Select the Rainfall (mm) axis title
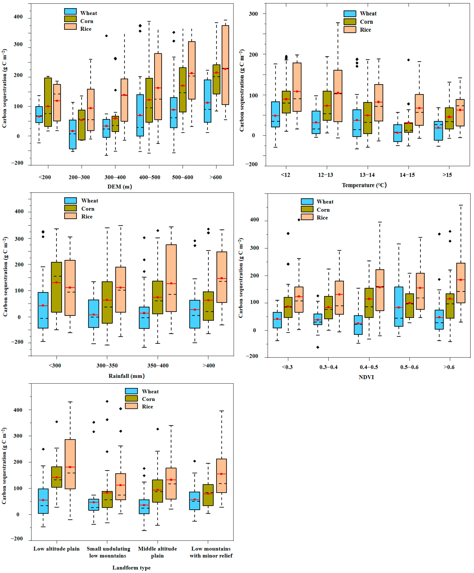pos(127,376)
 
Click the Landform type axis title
pos(131,568)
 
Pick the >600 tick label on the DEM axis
pos(215,177)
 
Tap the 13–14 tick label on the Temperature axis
pos(367,175)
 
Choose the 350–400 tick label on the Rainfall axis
pos(158,366)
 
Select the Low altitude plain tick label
pos(56,549)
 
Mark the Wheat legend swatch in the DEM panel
pos(70,11)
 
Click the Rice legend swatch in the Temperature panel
pos(350,30)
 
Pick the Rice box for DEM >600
pos(225,65)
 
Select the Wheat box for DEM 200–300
pos(73,134)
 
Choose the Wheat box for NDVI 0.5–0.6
pos(399,306)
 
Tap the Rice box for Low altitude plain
pos(70,464)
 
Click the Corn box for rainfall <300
pos(56,287)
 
